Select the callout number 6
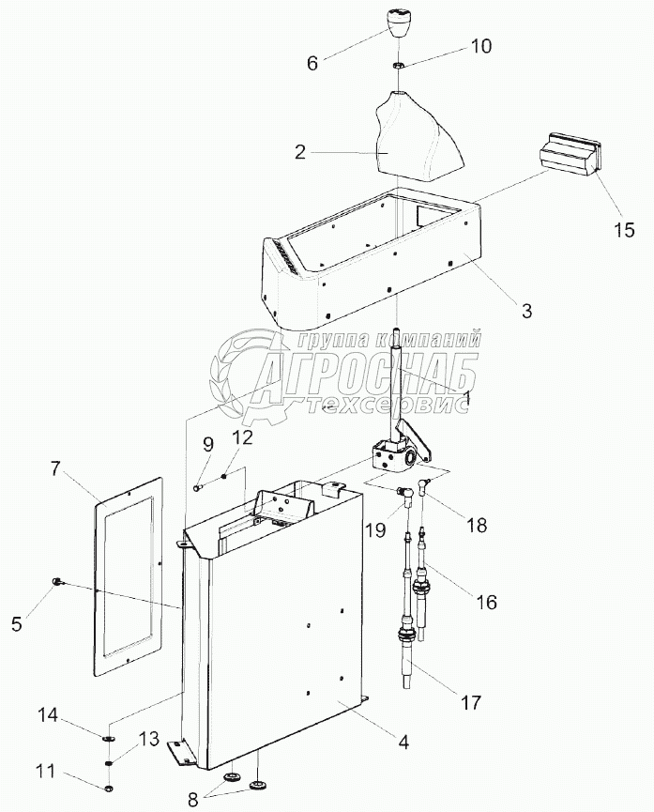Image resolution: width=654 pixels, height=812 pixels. (x=312, y=65)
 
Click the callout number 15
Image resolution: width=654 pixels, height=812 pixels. (x=623, y=229)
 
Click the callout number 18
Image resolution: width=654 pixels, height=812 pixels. (x=477, y=526)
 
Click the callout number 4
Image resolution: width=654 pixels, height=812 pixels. (x=404, y=742)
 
